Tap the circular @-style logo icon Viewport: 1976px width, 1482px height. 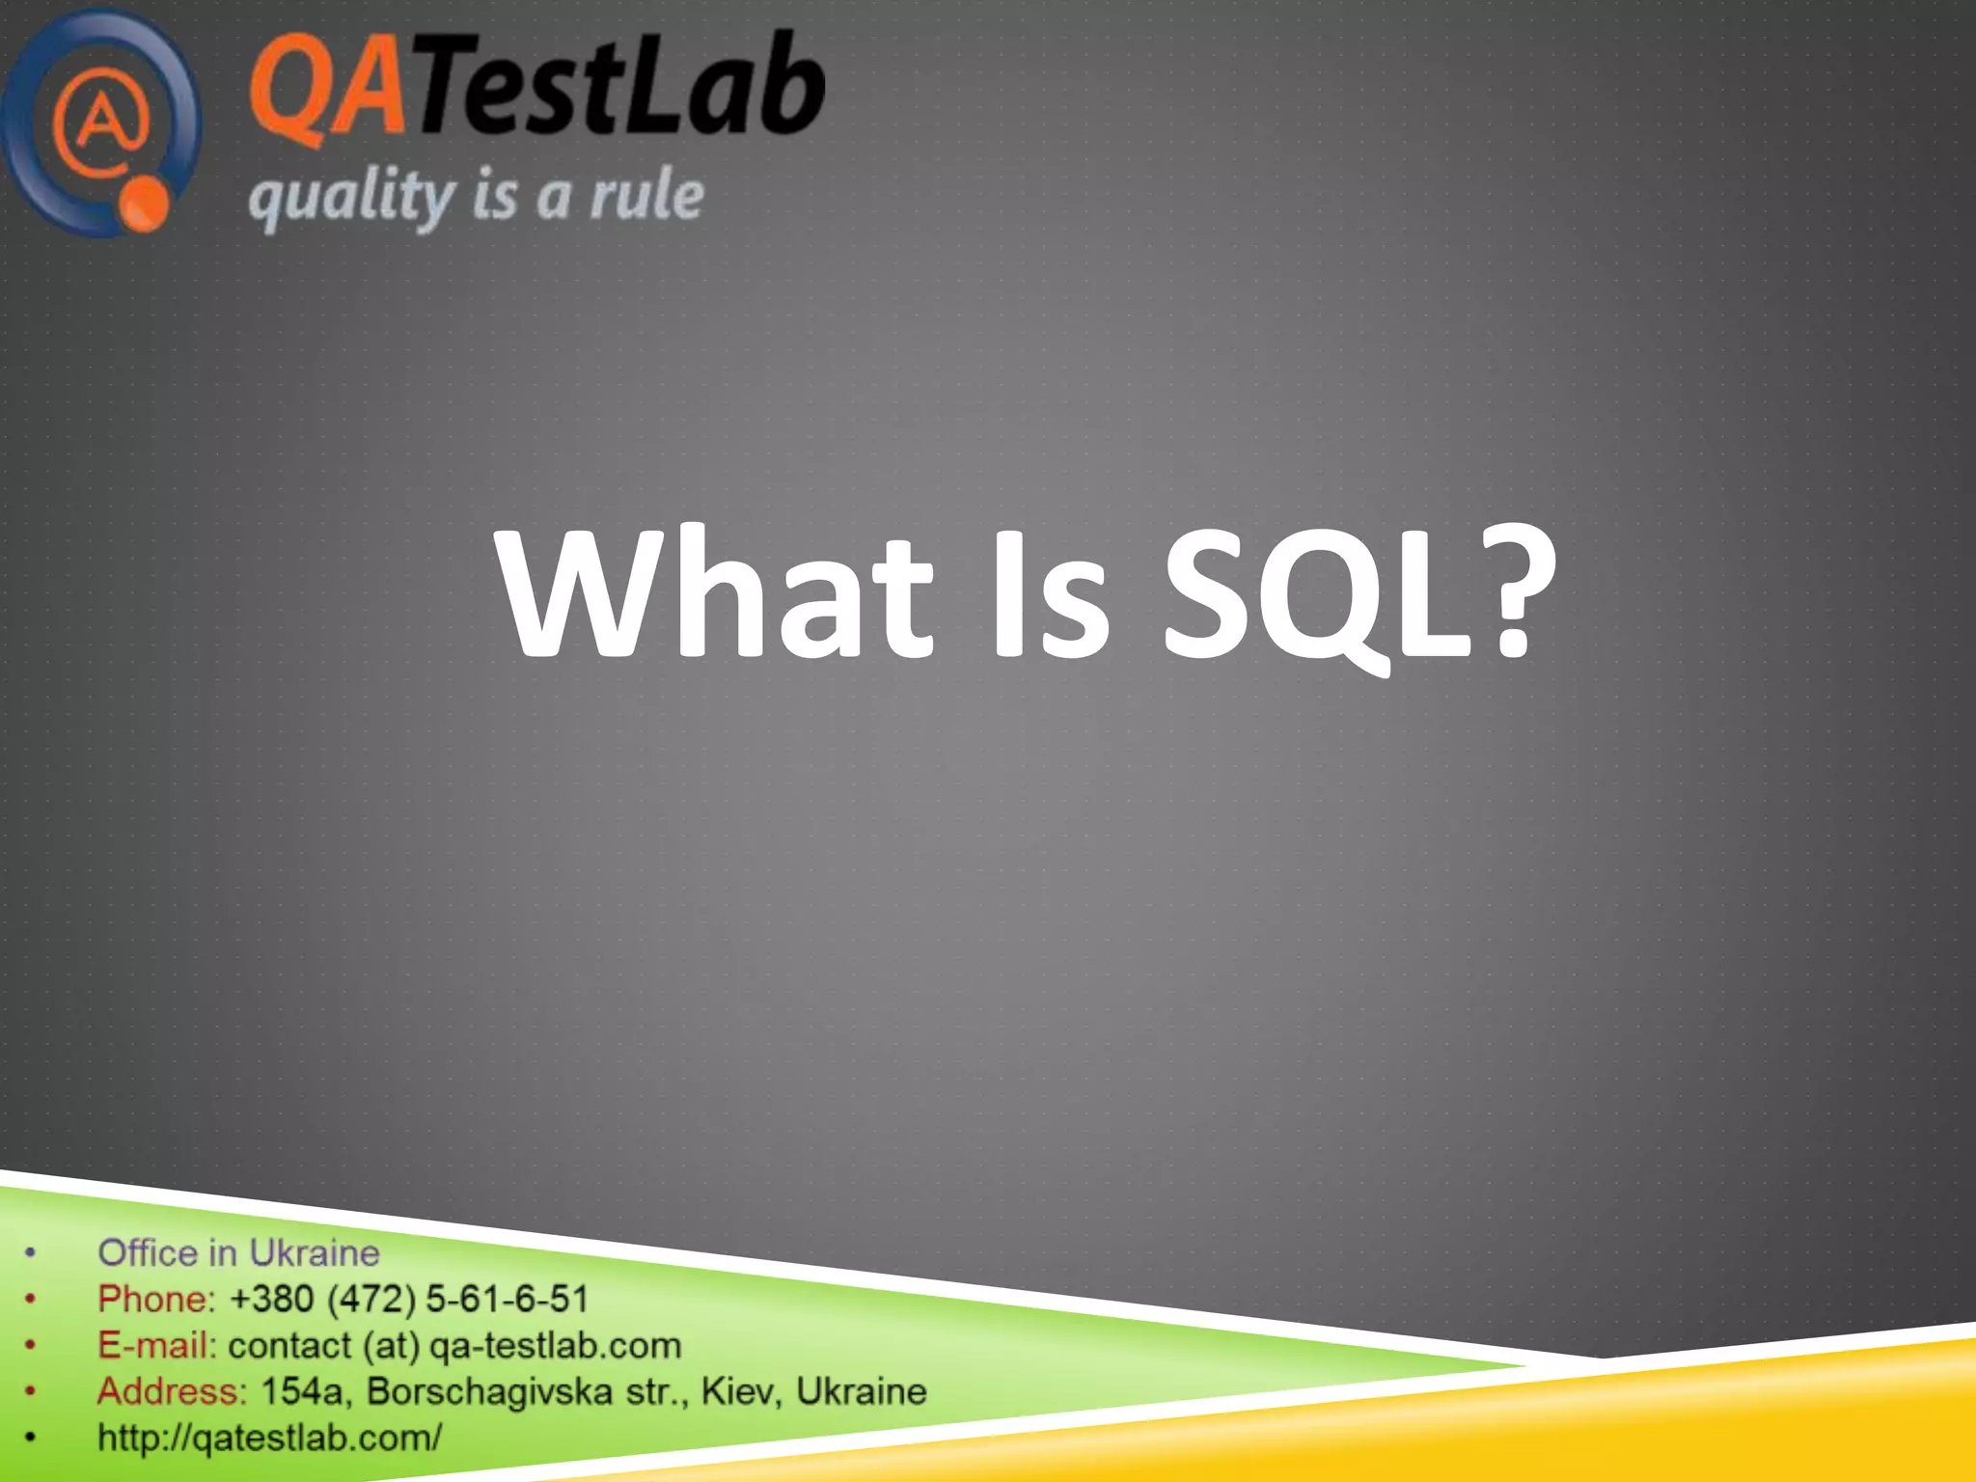click(101, 121)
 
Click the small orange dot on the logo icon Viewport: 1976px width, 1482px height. click(146, 204)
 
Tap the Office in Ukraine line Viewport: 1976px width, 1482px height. click(238, 1252)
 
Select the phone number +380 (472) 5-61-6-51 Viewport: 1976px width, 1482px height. click(409, 1299)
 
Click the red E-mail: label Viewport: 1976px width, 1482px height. click(157, 1345)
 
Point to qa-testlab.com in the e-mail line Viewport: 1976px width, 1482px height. click(555, 1345)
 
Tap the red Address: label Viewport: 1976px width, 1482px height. click(172, 1391)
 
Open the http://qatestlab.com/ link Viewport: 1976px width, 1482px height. click(269, 1438)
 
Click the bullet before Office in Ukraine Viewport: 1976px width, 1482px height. click(31, 1253)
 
